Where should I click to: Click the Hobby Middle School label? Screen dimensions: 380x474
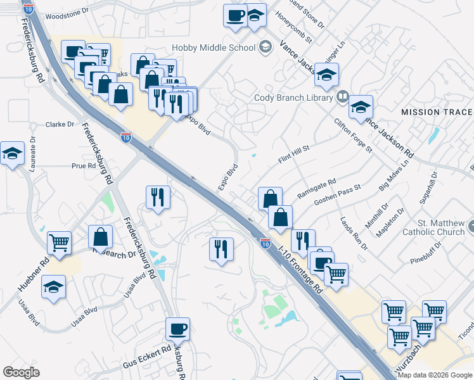point(214,47)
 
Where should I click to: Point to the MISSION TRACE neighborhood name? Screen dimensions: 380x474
point(437,112)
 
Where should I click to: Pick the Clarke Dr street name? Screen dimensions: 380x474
point(60,125)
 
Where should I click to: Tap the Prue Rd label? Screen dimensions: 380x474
point(83,166)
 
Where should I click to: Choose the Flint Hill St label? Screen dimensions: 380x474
point(293,156)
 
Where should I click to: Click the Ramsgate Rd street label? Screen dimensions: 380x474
point(316,191)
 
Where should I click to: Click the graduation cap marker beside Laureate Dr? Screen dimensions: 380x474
point(12,154)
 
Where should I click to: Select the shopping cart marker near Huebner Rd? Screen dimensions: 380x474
point(59,243)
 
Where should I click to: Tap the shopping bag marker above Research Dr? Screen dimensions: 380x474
point(100,237)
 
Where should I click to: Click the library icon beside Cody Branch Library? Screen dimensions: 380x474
point(342,97)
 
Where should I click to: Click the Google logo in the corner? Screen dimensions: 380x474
point(22,372)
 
